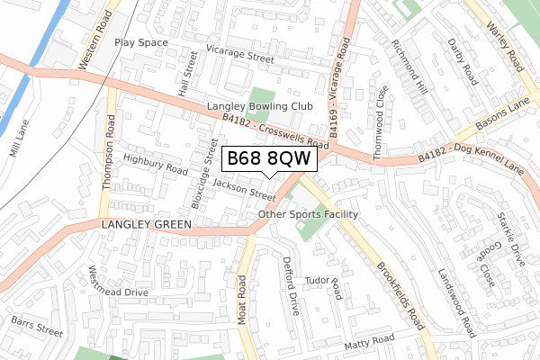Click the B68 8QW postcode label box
point(269,158)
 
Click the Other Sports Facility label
point(308,214)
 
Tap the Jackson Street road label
point(245,190)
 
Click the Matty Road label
point(370,341)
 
